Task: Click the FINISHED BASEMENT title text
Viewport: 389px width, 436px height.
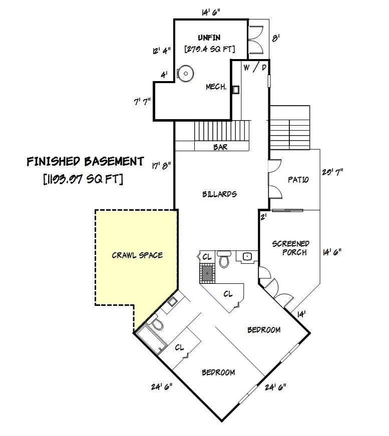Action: click(x=86, y=162)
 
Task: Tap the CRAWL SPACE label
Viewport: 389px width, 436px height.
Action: click(x=137, y=255)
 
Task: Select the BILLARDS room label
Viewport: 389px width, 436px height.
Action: click(x=219, y=194)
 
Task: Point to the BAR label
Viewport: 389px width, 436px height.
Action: click(x=220, y=147)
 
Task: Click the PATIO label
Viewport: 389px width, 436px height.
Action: click(x=298, y=180)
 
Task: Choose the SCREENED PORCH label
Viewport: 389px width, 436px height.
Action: click(x=291, y=248)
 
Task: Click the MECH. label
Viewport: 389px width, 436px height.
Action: click(x=216, y=87)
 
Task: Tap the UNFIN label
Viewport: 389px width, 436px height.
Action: click(x=209, y=38)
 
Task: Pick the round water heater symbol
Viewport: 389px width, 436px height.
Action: click(x=185, y=74)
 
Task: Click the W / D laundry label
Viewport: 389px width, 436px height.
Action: click(x=255, y=68)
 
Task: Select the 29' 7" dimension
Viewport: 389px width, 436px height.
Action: click(x=332, y=172)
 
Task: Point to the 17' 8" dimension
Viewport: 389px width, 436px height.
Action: click(x=161, y=166)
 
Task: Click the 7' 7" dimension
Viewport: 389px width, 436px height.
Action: click(x=142, y=102)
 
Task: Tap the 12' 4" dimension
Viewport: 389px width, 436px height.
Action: click(x=162, y=51)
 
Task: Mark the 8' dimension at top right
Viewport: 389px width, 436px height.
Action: click(x=275, y=38)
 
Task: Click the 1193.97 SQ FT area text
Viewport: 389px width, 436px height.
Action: click(x=83, y=179)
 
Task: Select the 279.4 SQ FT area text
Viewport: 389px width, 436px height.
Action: click(x=210, y=49)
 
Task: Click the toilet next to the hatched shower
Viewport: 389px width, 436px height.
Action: click(x=224, y=259)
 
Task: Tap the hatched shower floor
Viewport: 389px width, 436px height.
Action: click(x=207, y=273)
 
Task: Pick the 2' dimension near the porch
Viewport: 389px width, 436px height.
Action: click(x=264, y=217)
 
